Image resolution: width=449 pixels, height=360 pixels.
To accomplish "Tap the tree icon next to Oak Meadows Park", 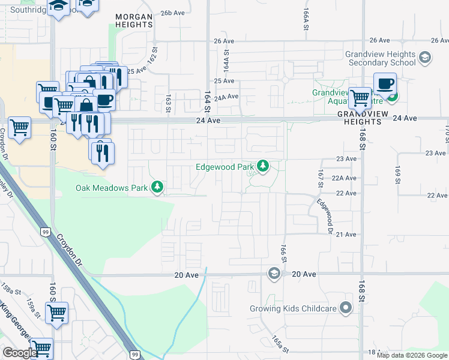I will [x=157, y=188].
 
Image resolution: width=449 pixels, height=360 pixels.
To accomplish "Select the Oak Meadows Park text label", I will [x=112, y=188].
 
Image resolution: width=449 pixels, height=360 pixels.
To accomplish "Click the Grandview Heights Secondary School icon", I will [x=425, y=58].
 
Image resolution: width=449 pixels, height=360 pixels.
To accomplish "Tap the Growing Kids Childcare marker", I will [x=345, y=308].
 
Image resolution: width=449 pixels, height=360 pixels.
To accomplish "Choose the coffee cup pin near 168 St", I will [x=385, y=83].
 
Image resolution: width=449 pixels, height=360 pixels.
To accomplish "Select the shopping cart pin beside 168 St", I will [x=360, y=97].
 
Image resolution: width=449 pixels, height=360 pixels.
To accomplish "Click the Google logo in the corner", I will [x=19, y=353].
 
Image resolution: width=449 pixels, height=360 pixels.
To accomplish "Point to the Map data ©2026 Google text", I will [x=412, y=355].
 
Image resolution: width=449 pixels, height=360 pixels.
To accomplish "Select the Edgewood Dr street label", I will [x=325, y=216].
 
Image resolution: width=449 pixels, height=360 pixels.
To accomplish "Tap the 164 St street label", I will [x=207, y=101].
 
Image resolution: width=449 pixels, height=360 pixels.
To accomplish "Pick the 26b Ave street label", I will [x=172, y=13].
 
